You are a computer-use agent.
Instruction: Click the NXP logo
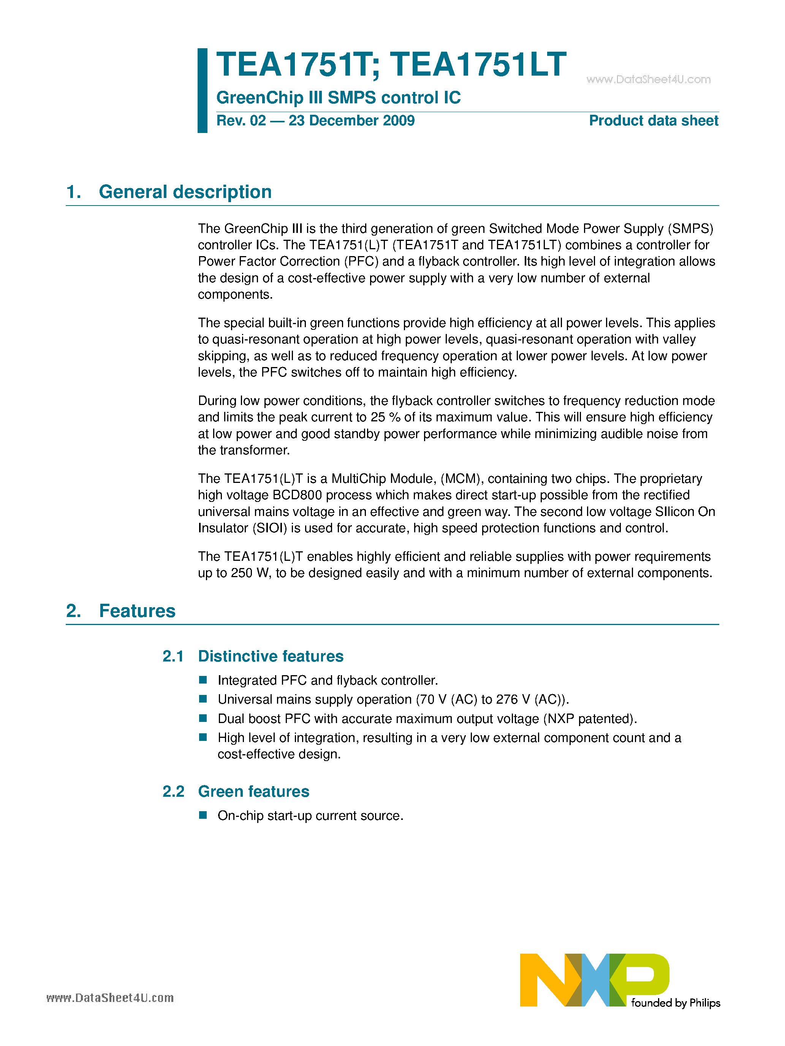pyautogui.click(x=594, y=980)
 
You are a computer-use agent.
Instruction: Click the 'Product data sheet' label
pyautogui.click(x=654, y=120)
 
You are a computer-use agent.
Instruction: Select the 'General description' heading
pyautogui.click(x=185, y=192)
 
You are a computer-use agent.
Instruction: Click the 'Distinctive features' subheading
pyautogui.click(x=271, y=656)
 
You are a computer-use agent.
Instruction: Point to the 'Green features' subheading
pyautogui.click(x=253, y=791)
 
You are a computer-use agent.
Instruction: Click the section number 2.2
pyautogui.click(x=173, y=791)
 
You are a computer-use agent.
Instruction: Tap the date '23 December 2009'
pyautogui.click(x=351, y=120)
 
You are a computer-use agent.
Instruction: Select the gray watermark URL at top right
pyautogui.click(x=648, y=79)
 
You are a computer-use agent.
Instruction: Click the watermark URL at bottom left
pyautogui.click(x=110, y=998)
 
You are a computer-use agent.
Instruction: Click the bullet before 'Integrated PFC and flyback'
pyautogui.click(x=203, y=679)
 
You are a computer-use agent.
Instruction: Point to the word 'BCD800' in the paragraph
pyautogui.click(x=297, y=495)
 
